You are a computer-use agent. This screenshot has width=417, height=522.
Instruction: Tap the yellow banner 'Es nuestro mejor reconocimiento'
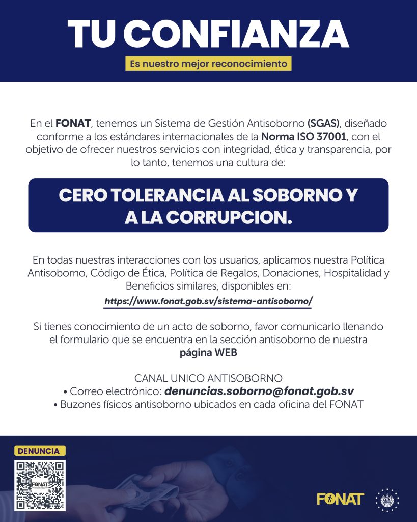click(x=208, y=64)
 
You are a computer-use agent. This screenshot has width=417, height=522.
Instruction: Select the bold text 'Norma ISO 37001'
click(x=303, y=136)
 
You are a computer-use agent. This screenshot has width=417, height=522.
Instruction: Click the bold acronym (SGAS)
click(x=323, y=123)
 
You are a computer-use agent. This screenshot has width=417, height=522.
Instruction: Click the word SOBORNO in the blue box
click(x=295, y=196)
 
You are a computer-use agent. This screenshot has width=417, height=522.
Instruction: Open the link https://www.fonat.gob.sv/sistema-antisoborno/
click(x=208, y=301)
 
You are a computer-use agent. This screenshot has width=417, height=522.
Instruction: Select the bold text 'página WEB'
click(x=208, y=352)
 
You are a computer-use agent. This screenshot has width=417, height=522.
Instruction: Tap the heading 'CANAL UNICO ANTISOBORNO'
click(x=208, y=378)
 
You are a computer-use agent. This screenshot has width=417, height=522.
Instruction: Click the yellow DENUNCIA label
click(x=39, y=451)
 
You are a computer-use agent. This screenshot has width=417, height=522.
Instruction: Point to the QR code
click(x=40, y=485)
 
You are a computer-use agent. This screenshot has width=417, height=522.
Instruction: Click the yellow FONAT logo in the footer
click(x=340, y=499)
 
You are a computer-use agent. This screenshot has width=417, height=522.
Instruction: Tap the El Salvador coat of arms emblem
click(x=387, y=499)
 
